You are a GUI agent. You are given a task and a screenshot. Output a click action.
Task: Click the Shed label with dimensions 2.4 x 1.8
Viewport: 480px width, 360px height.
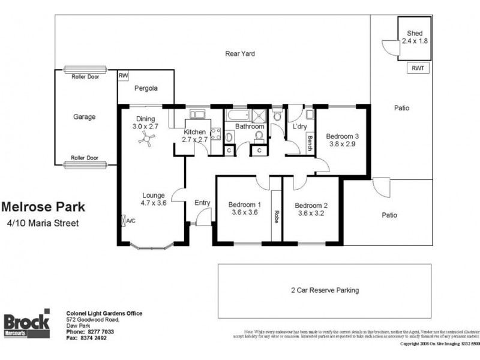click(415, 37)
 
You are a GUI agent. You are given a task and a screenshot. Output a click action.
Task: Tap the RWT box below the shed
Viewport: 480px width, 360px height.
click(417, 68)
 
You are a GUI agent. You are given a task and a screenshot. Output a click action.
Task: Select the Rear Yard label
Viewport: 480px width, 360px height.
click(240, 53)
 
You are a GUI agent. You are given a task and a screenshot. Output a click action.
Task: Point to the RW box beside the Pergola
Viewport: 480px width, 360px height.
click(124, 75)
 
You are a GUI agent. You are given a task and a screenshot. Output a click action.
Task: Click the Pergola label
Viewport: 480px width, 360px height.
click(145, 88)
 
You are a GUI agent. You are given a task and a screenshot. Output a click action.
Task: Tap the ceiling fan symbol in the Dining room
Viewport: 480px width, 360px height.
click(145, 140)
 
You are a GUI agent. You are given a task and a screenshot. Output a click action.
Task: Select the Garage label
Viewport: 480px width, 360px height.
click(84, 117)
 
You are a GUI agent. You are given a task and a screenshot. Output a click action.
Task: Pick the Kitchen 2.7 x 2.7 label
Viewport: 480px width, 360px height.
click(194, 136)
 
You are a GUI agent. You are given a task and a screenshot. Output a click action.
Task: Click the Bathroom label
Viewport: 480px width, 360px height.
click(249, 127)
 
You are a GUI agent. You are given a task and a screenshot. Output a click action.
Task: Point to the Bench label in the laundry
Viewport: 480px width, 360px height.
click(310, 143)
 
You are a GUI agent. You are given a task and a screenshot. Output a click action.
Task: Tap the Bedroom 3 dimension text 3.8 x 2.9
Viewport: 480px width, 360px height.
click(341, 144)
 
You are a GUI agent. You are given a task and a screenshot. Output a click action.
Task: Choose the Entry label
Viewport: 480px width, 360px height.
click(202, 203)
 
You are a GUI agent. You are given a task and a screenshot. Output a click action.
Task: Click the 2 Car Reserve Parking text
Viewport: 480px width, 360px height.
click(325, 290)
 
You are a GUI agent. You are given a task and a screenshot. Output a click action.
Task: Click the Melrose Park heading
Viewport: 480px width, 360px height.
click(43, 208)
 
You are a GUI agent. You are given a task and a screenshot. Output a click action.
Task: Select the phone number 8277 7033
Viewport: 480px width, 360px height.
click(99, 331)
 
